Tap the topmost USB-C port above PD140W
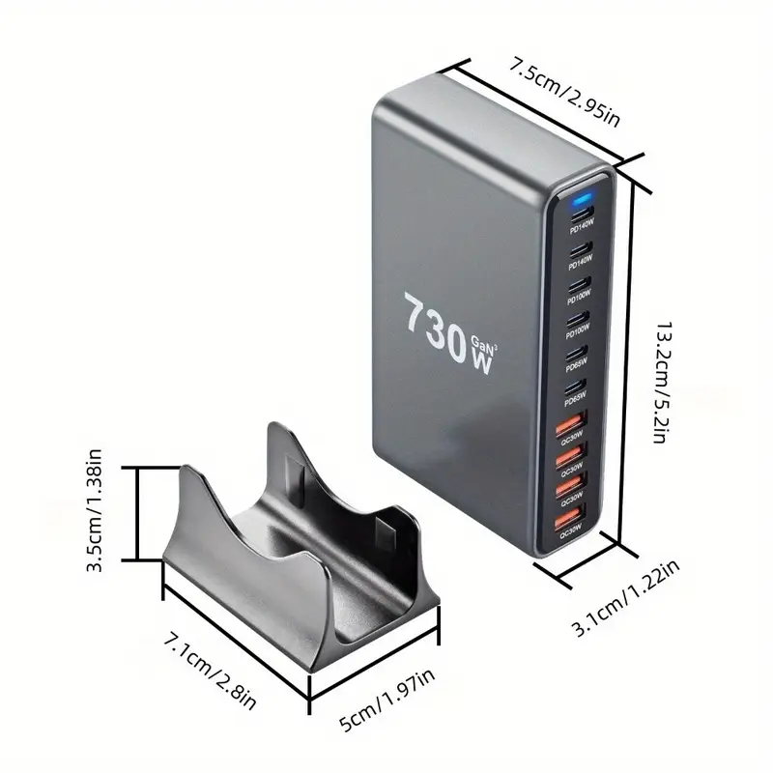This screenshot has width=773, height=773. click(x=582, y=215)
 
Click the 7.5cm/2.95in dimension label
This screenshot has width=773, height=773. click(x=564, y=91)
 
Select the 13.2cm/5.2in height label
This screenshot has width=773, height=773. click(x=663, y=382)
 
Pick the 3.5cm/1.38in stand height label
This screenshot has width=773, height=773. click(x=94, y=510)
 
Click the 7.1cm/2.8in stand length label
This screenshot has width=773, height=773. click(x=210, y=672)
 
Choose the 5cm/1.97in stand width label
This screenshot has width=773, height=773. click(x=387, y=700)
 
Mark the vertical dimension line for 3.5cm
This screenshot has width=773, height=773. click(x=138, y=513)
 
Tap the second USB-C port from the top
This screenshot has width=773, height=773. click(x=581, y=249)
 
